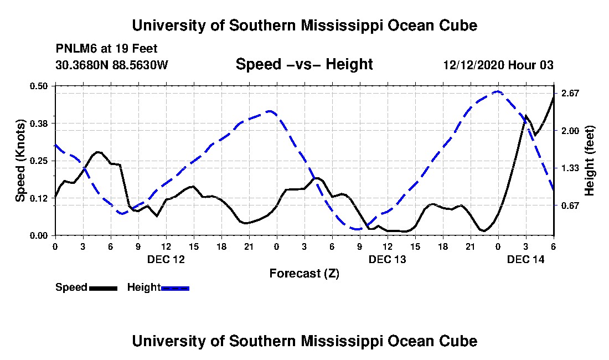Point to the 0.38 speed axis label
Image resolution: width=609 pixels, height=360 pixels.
pyautogui.click(x=38, y=124)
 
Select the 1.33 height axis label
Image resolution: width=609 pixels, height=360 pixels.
pyautogui.click(x=570, y=168)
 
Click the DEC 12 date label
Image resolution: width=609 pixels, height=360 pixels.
pyautogui.click(x=166, y=259)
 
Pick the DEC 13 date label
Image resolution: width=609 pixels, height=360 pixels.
pyautogui.click(x=387, y=259)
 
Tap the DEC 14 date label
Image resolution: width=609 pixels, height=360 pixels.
pyautogui.click(x=526, y=259)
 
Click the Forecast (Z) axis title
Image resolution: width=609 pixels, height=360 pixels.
pyautogui.click(x=304, y=274)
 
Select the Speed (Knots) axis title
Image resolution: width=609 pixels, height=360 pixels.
pyautogui.click(x=20, y=161)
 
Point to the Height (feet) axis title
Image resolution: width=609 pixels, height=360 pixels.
pyautogui.click(x=590, y=161)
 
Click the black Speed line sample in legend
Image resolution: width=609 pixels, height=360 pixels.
pyautogui.click(x=103, y=288)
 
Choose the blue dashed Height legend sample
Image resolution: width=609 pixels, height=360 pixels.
pyautogui.click(x=175, y=288)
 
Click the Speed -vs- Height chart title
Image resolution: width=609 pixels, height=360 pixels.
pyautogui.click(x=304, y=64)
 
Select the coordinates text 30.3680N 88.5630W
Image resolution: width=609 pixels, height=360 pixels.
pyautogui.click(x=112, y=64)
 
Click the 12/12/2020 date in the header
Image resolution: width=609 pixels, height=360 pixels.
pyautogui.click(x=474, y=65)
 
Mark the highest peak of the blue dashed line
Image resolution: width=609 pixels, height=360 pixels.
pyautogui.click(x=498, y=91)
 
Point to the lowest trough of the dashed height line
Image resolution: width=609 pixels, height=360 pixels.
pyautogui.click(x=357, y=229)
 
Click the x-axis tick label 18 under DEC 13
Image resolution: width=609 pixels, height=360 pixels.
pyautogui.click(x=443, y=246)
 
